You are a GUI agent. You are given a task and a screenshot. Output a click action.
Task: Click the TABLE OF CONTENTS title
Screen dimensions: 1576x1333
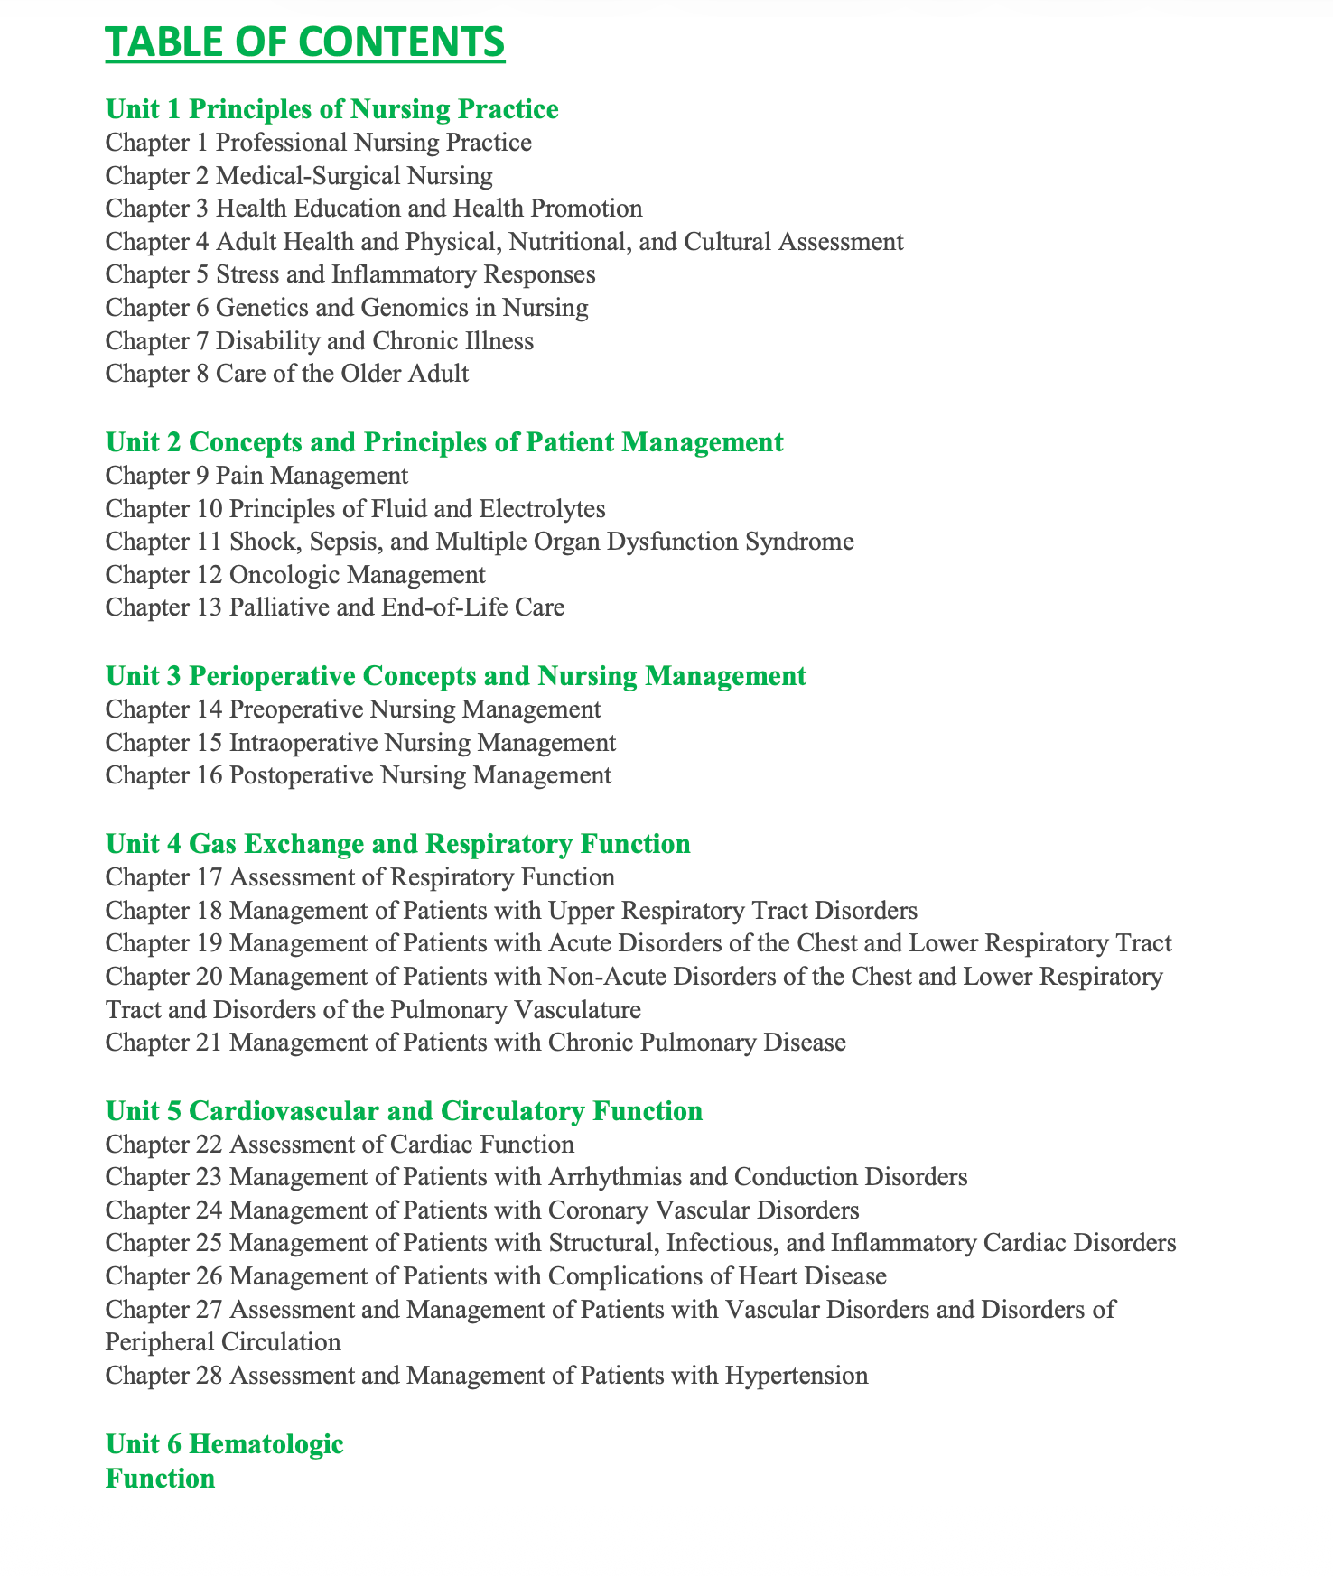(305, 42)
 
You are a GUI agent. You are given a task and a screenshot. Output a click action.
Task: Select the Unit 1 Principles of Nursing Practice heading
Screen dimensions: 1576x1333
(331, 109)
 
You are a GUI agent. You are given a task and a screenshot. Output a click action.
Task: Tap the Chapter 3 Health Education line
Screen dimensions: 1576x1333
(374, 209)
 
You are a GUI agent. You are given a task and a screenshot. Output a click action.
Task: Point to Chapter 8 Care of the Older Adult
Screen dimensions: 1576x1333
(287, 374)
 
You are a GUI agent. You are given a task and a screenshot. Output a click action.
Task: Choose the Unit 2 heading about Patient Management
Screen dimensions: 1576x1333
(444, 442)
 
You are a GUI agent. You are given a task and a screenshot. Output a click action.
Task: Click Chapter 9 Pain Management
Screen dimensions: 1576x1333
(256, 475)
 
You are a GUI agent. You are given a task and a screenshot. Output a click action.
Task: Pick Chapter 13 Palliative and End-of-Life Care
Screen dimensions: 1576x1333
(335, 607)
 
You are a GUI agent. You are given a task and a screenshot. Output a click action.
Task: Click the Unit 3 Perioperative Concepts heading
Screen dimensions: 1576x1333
(456, 676)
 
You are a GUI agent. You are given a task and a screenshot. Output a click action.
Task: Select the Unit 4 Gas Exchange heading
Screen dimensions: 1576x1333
(397, 844)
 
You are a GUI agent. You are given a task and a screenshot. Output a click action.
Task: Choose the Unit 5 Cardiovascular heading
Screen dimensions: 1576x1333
(404, 1110)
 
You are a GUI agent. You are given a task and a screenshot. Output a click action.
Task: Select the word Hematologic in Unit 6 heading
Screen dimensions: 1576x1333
(266, 1443)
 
